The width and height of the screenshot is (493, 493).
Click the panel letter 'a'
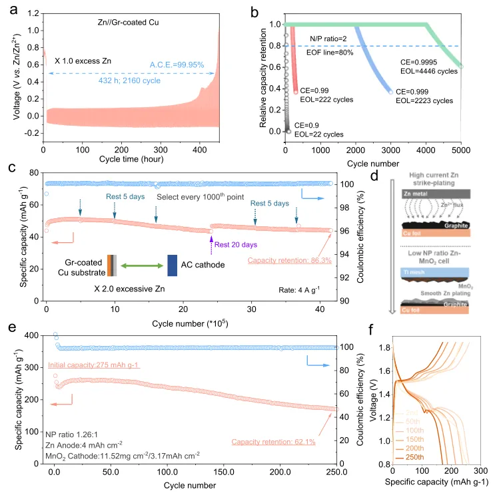(8, 9)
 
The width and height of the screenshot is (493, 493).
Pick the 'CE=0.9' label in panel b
(309, 125)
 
